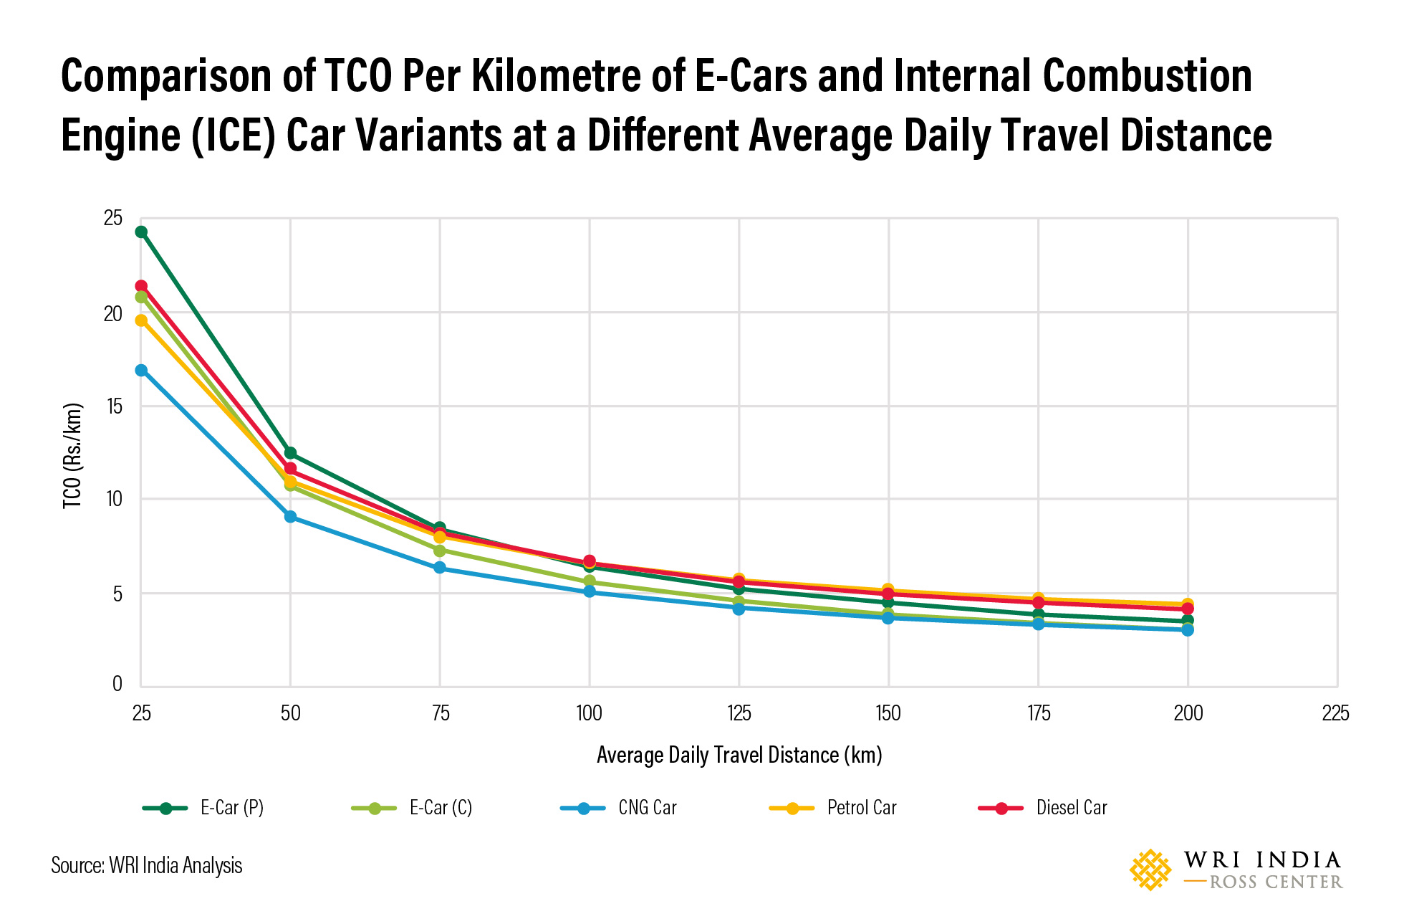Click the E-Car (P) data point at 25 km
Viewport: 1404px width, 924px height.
click(141, 232)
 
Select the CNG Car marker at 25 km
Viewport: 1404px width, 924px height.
click(141, 370)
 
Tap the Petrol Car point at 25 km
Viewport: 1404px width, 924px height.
click(141, 320)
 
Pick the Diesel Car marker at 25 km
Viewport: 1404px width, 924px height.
click(141, 286)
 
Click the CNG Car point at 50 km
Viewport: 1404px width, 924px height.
click(290, 516)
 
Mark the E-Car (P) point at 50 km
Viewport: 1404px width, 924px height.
click(290, 453)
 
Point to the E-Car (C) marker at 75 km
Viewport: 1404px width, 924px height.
click(440, 551)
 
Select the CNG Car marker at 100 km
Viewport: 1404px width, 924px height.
click(589, 591)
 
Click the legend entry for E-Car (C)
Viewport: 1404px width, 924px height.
click(440, 808)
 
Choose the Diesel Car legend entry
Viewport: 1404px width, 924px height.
click(1071, 808)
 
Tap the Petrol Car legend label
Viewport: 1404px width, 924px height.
click(861, 808)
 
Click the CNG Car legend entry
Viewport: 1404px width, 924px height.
click(647, 808)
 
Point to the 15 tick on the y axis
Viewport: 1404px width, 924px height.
click(113, 406)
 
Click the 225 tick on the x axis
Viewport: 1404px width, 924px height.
click(1335, 713)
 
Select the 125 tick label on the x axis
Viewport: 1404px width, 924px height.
click(739, 713)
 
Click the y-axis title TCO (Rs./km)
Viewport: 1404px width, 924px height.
click(73, 456)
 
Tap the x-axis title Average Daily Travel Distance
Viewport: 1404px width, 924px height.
click(739, 755)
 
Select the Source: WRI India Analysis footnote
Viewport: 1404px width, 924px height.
click(147, 866)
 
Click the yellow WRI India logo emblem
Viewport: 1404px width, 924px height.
click(1150, 870)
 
